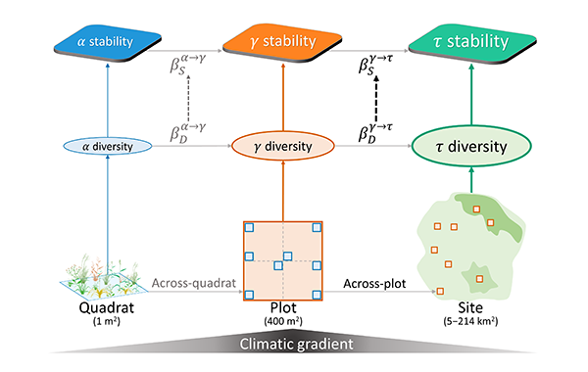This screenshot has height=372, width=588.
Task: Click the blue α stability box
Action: (x=108, y=42)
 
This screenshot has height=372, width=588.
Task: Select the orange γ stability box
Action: (x=282, y=42)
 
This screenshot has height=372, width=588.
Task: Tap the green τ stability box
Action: (x=472, y=43)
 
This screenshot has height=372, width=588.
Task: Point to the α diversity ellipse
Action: (x=108, y=146)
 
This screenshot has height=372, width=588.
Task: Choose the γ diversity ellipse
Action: (x=283, y=146)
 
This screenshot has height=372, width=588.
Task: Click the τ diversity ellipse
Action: (x=471, y=146)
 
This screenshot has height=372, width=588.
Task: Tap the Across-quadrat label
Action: (x=194, y=283)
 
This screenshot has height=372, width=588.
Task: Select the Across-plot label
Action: (x=374, y=284)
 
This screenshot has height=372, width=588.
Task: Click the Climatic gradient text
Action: (x=296, y=344)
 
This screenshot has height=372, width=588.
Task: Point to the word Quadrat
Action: (x=107, y=308)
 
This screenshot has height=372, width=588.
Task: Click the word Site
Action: (x=470, y=308)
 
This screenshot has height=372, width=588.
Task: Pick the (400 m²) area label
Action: (x=283, y=321)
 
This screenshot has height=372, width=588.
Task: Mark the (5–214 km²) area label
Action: (x=470, y=321)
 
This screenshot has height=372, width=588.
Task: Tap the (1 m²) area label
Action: (x=107, y=321)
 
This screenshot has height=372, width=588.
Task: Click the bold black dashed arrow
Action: (x=376, y=99)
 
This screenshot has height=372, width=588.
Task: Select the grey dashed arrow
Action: (x=188, y=98)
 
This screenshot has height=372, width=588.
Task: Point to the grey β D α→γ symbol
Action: (x=188, y=133)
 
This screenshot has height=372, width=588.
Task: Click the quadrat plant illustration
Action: (x=104, y=276)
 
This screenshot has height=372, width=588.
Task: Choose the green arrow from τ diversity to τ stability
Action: (x=471, y=94)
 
